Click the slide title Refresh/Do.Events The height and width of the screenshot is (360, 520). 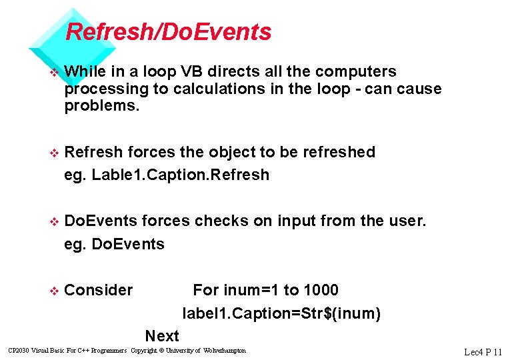[169, 31]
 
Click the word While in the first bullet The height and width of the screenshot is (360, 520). [83, 71]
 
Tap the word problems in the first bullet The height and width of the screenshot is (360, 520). [102, 106]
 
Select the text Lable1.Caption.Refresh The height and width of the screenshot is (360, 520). [181, 175]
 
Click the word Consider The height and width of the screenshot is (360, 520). [99, 290]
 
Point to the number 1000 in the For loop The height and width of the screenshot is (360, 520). [321, 290]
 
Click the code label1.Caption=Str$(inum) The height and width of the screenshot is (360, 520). [281, 313]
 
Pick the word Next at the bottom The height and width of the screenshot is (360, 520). [162, 336]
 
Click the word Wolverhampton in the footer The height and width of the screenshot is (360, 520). [224, 351]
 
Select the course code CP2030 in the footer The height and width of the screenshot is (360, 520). [17, 351]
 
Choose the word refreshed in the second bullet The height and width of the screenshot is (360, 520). [339, 152]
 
